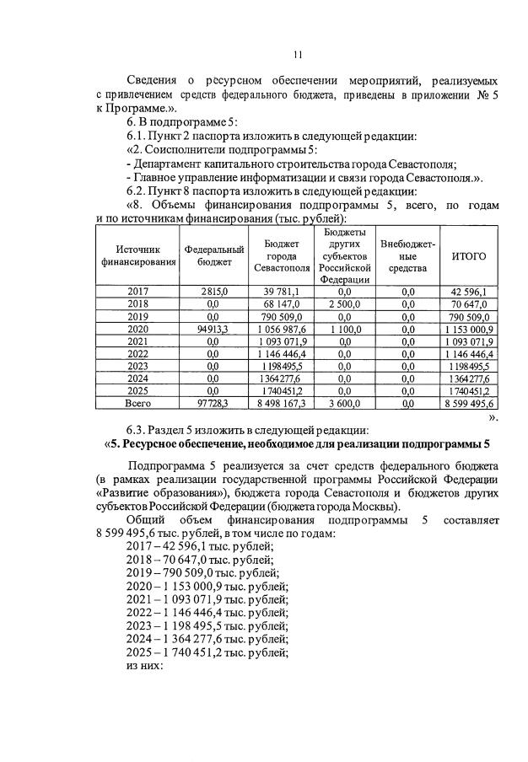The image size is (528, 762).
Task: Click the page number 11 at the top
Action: click(x=298, y=55)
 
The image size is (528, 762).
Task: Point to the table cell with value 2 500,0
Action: click(x=346, y=303)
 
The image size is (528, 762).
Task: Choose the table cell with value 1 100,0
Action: click(x=346, y=329)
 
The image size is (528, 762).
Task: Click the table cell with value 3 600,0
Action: click(x=346, y=405)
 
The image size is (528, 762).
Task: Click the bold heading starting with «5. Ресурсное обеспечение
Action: click(x=296, y=445)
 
